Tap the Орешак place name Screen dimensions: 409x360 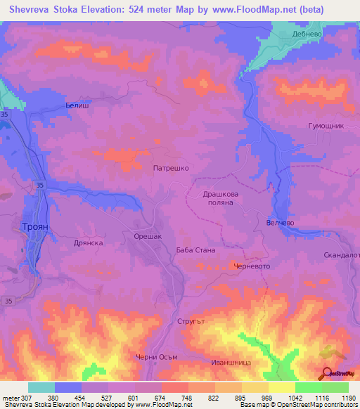click(148, 237)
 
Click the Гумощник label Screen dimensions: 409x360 click(326, 125)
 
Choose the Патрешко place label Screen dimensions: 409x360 click(171, 169)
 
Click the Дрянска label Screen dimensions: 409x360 click(89, 242)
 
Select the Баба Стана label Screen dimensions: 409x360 click(195, 250)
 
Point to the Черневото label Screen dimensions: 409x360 click(251, 266)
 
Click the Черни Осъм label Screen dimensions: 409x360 click(157, 357)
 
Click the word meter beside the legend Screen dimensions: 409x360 click(10, 398)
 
